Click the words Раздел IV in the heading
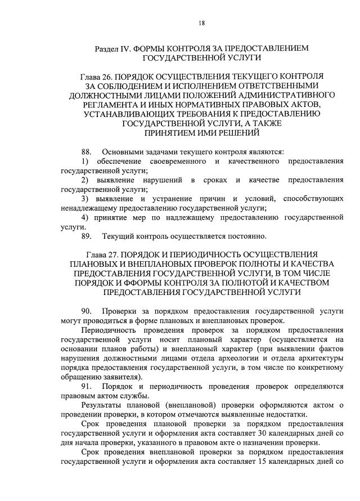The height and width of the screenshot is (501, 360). (x=112, y=48)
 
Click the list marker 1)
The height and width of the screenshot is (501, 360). (x=85, y=162)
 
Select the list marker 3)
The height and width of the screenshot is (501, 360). (x=85, y=199)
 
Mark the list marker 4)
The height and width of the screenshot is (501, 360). (x=85, y=218)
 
